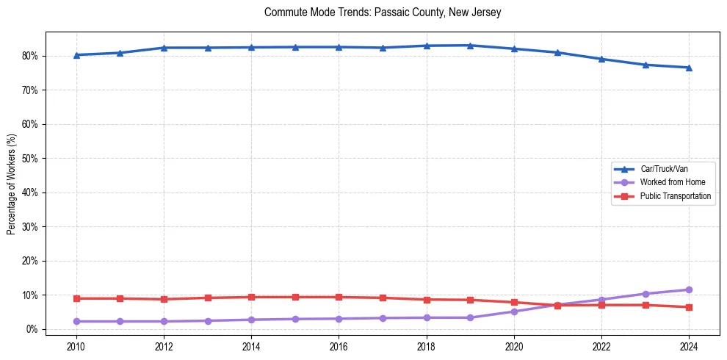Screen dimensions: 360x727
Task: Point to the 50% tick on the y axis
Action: [x=30, y=159]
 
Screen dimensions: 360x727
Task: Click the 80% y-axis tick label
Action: [x=30, y=56]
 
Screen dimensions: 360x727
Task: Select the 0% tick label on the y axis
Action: [x=32, y=329]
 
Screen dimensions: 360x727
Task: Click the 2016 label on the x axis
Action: [x=339, y=346]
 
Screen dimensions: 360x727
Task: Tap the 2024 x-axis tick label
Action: [x=689, y=346]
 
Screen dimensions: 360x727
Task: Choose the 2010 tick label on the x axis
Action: [x=76, y=346]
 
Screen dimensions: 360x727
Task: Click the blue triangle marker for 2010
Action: [x=76, y=55]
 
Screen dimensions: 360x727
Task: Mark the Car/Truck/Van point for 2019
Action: [x=470, y=46]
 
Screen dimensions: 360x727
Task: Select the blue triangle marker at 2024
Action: [x=689, y=68]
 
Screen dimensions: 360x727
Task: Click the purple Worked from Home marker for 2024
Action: [x=689, y=289]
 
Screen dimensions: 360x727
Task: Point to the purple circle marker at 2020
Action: [x=514, y=312]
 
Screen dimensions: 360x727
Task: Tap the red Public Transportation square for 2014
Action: [x=251, y=297]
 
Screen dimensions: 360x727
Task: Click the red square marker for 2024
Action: [x=689, y=307]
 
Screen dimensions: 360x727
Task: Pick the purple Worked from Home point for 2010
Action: [x=76, y=321]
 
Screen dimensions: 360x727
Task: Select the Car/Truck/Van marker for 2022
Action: [x=601, y=59]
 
